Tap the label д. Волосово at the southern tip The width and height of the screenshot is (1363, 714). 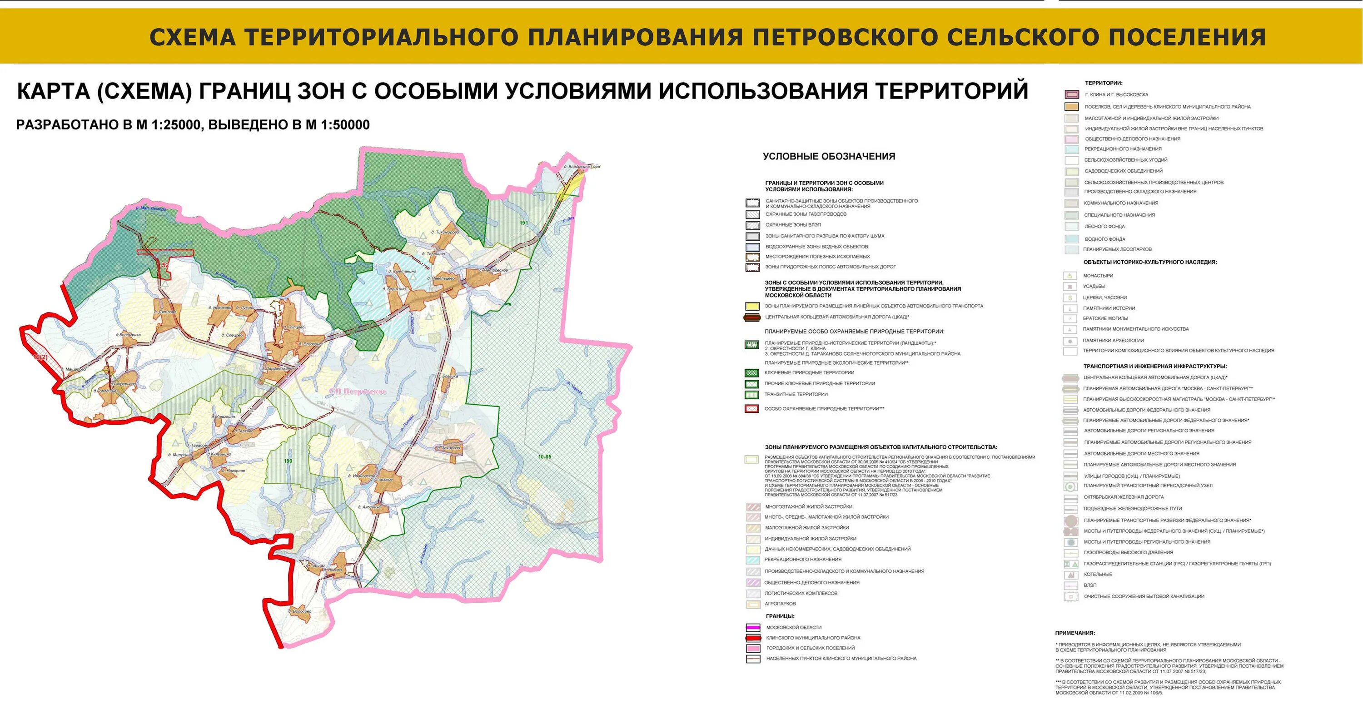click(x=300, y=611)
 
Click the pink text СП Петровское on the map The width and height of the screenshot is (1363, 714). click(x=358, y=392)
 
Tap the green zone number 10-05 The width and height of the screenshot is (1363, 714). click(x=544, y=457)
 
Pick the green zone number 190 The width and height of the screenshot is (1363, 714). click(x=288, y=461)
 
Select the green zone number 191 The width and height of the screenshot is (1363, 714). click(x=524, y=223)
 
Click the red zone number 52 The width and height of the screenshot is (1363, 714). click(x=166, y=264)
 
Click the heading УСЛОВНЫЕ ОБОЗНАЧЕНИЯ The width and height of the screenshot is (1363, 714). click(x=829, y=157)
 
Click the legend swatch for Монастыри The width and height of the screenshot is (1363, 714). click(x=1070, y=276)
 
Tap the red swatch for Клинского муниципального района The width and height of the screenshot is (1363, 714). click(x=752, y=638)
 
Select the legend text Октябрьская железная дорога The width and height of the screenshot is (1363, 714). click(x=1123, y=497)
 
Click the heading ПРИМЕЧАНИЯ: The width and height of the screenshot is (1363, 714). click(x=1074, y=633)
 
